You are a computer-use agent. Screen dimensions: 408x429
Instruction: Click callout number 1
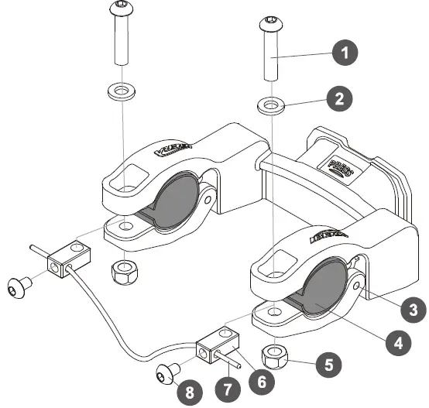[345, 53]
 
